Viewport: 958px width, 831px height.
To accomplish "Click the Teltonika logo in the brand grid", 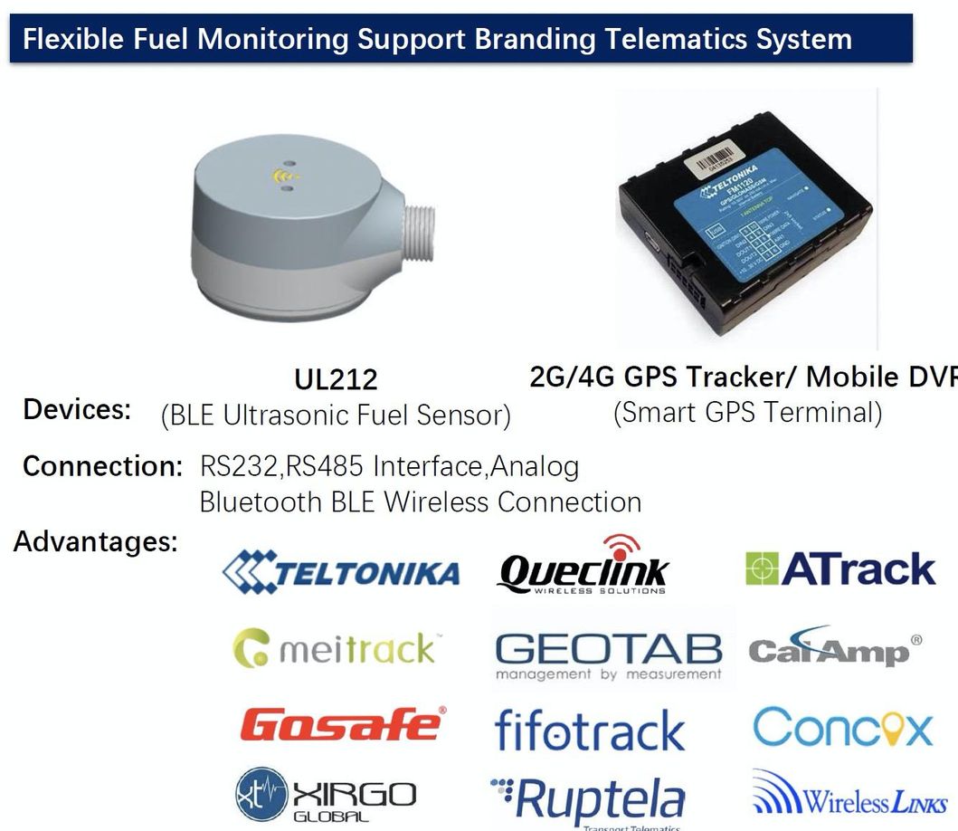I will tap(341, 572).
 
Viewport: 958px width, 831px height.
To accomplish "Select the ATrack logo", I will tap(840, 568).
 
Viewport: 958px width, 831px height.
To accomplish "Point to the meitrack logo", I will tap(336, 649).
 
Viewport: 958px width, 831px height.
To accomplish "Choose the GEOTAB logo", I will tap(609, 654).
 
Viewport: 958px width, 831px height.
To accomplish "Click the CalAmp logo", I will tap(835, 649).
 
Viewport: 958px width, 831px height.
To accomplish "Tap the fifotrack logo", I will tap(590, 730).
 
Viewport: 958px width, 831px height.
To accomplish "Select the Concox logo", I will tap(842, 728).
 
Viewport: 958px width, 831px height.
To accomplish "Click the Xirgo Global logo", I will tap(326, 796).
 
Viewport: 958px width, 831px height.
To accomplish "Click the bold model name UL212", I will tap(336, 379).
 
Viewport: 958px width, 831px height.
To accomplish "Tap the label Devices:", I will tap(77, 409).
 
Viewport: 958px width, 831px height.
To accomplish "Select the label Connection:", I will tap(102, 466).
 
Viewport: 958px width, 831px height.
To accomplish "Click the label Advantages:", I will tap(95, 542).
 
